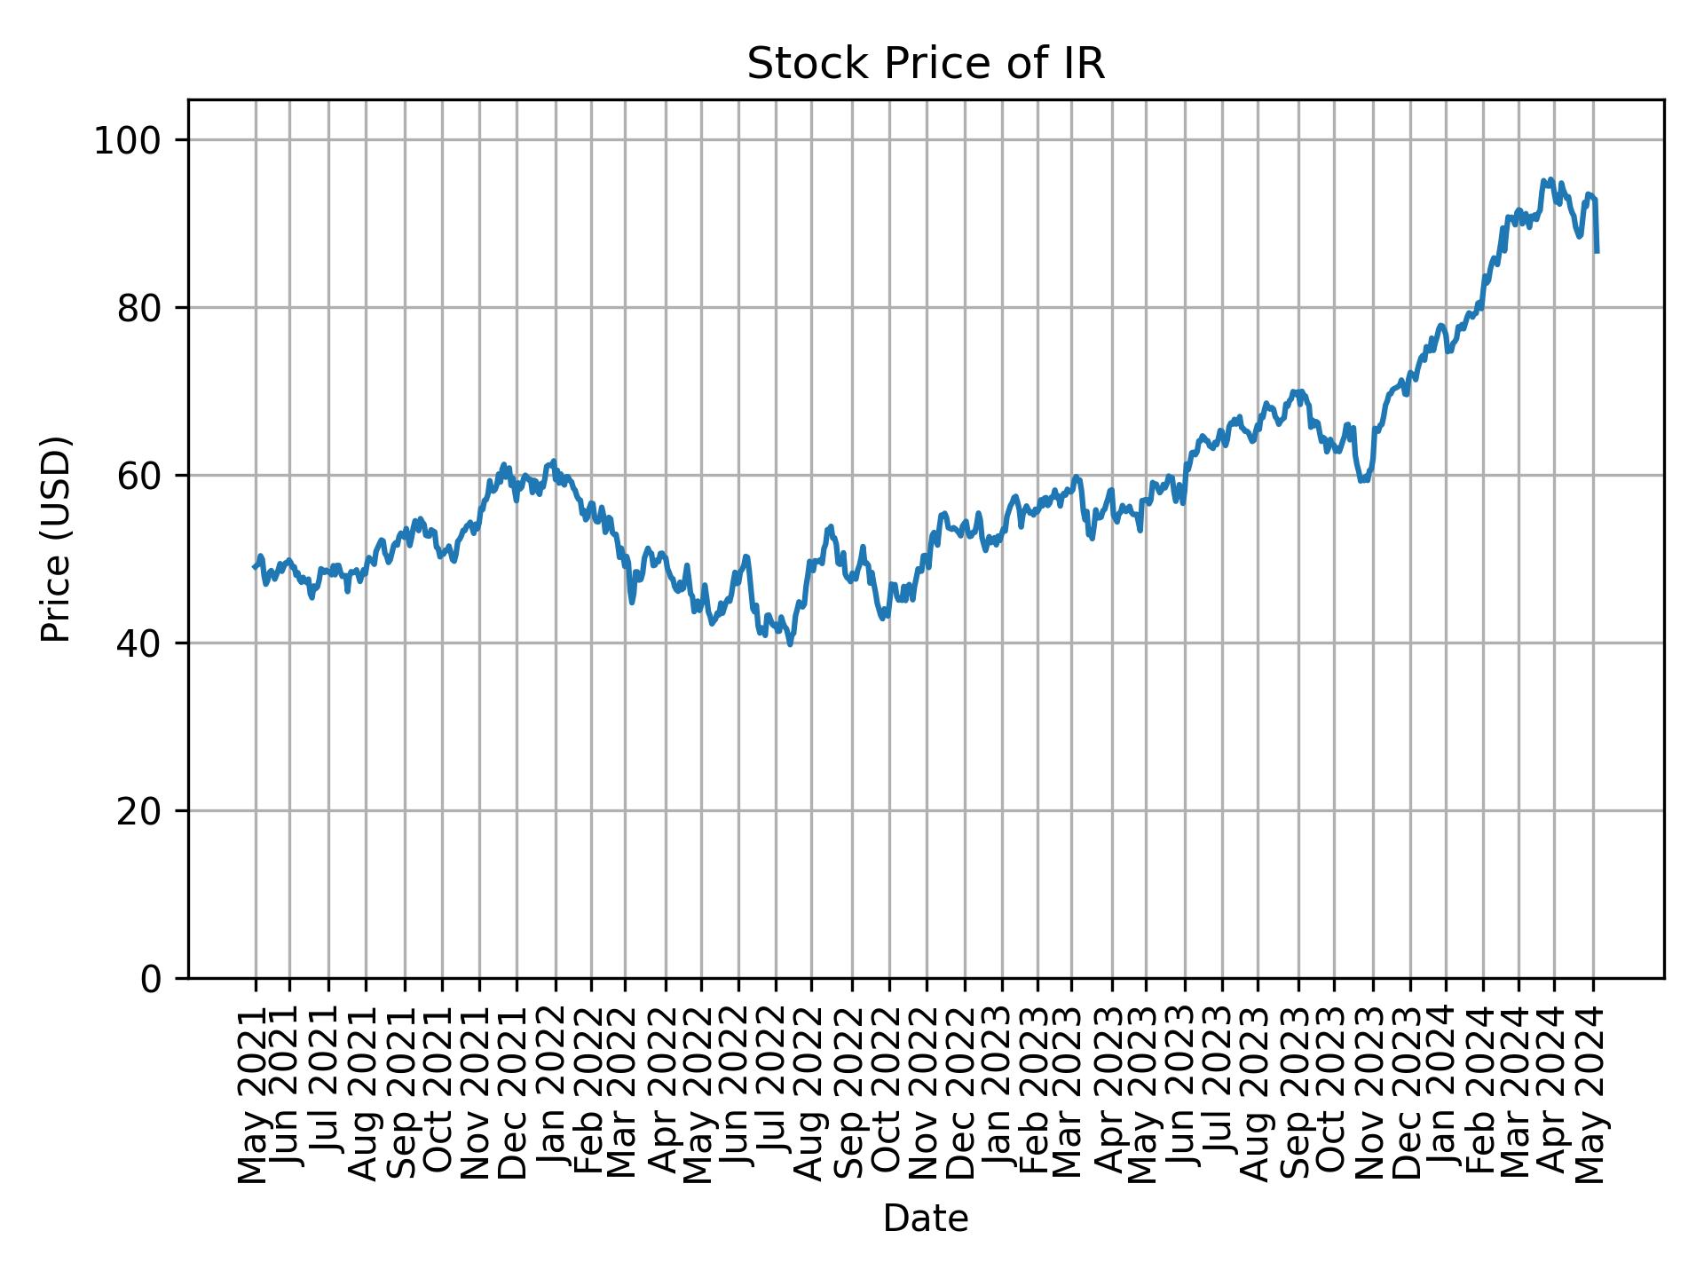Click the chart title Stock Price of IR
coord(926,65)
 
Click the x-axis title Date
coord(926,1219)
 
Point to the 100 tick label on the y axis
coord(134,141)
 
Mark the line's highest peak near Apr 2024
coord(1545,180)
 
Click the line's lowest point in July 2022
coord(790,643)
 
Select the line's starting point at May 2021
coord(254,567)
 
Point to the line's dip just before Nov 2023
coord(1361,480)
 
